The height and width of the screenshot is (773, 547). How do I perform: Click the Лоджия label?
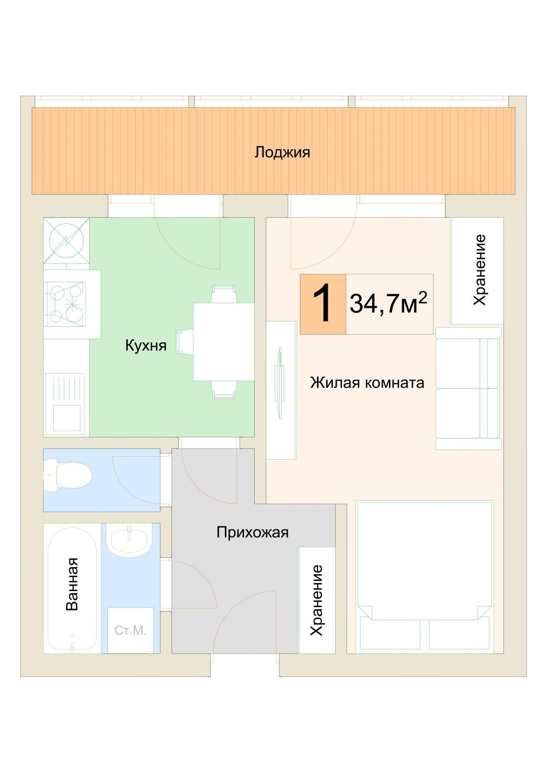282,152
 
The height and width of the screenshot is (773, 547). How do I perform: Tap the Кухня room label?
145,346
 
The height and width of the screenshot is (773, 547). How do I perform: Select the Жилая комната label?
367,383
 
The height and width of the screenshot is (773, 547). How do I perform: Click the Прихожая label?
252,533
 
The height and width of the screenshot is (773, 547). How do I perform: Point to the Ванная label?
72,584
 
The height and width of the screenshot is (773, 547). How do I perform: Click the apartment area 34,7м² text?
388,304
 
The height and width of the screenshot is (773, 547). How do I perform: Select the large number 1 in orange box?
323,304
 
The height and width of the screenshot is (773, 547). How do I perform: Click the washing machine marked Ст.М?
130,630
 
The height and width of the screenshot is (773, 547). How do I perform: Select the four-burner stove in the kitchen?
66,304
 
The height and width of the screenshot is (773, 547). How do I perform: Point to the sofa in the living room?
467,388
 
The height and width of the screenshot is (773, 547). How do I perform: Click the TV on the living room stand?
279,383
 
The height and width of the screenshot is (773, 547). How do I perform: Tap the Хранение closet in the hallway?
317,600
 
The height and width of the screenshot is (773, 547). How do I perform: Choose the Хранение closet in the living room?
477,270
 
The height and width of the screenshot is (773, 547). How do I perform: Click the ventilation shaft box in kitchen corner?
66,241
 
